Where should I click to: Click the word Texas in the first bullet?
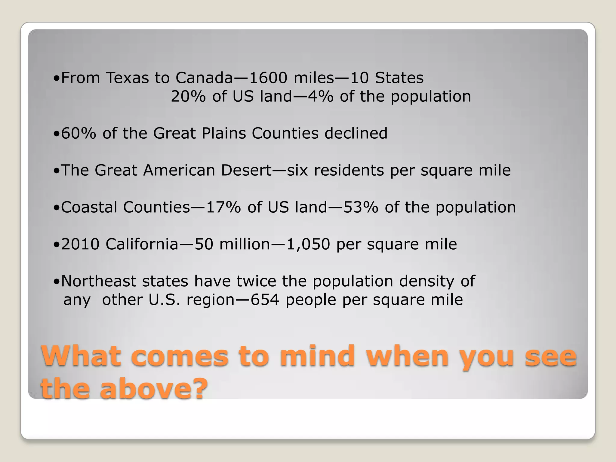[128, 78]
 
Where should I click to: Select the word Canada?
[204, 78]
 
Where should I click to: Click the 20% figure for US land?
[188, 97]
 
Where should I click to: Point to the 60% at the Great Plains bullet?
[79, 133]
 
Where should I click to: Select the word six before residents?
[297, 170]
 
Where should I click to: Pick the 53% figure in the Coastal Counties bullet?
[361, 207]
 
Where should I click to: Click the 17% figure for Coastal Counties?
[223, 207]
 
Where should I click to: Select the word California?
[142, 244]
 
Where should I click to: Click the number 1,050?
[308, 244]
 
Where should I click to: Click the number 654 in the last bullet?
[265, 300]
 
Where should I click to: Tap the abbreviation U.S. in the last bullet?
[165, 300]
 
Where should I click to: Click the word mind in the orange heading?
[318, 356]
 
